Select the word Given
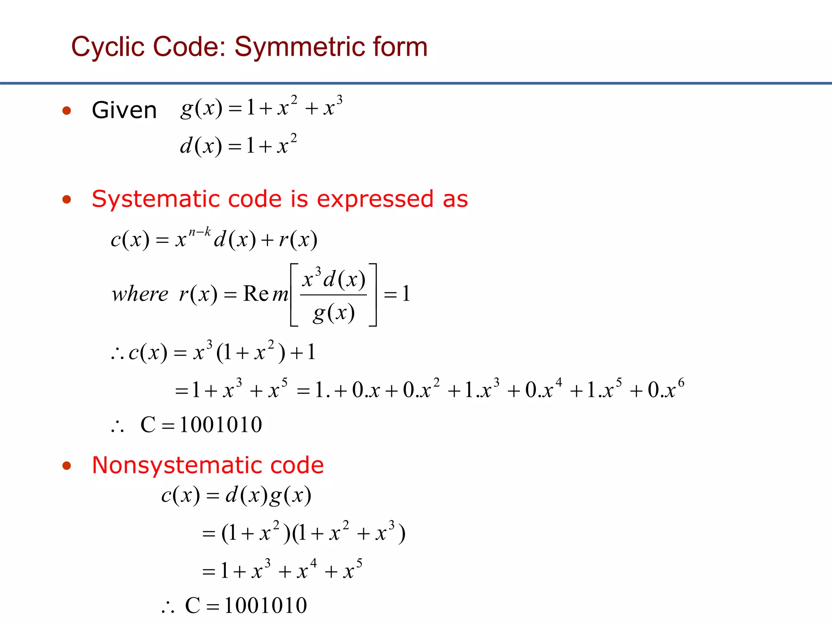coord(124,110)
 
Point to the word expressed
coord(375,199)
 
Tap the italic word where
coord(140,294)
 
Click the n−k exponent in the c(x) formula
coord(200,232)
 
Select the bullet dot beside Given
coord(67,110)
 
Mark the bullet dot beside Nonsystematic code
coord(67,466)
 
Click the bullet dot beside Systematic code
coord(67,199)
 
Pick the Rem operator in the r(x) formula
coord(265,294)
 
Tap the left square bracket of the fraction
coord(294,295)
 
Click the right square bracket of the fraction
coord(373,295)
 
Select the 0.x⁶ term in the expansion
coord(665,389)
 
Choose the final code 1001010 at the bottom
coord(265,606)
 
